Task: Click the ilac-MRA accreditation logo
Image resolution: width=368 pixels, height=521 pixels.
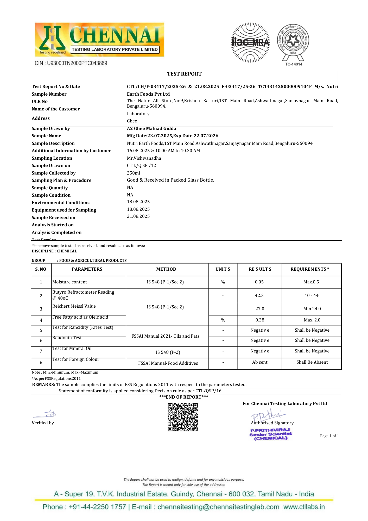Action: click(x=250, y=42)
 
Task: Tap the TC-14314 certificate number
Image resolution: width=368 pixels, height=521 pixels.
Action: click(x=294, y=64)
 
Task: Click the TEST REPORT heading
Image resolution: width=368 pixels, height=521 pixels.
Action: click(x=184, y=74)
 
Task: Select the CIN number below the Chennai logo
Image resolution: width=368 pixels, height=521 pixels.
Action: click(x=71, y=63)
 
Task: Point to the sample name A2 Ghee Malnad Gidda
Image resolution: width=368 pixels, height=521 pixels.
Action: click(x=151, y=128)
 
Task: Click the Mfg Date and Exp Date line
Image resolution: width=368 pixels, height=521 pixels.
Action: click(x=173, y=136)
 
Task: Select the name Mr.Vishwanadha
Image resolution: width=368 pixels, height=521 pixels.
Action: click(x=144, y=158)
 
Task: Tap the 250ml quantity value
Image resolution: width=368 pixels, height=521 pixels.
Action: click(x=134, y=173)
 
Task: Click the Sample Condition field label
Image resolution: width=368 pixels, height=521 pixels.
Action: click(x=51, y=195)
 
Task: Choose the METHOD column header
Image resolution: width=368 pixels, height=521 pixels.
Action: click(x=166, y=269)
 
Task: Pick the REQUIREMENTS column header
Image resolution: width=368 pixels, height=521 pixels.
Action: click(x=310, y=269)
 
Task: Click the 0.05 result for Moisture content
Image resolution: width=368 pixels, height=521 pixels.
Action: click(x=259, y=282)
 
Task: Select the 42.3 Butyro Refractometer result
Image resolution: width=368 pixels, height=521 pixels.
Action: click(x=259, y=295)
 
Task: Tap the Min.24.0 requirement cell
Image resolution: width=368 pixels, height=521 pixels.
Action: click(x=312, y=309)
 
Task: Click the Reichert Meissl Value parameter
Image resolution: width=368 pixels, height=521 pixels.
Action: click(x=74, y=306)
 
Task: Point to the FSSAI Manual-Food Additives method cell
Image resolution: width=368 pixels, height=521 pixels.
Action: click(x=168, y=363)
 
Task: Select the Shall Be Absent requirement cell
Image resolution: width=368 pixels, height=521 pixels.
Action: click(x=312, y=362)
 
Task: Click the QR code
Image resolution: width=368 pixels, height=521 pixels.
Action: click(x=183, y=417)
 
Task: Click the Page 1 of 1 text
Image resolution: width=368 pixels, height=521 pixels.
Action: click(x=329, y=436)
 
